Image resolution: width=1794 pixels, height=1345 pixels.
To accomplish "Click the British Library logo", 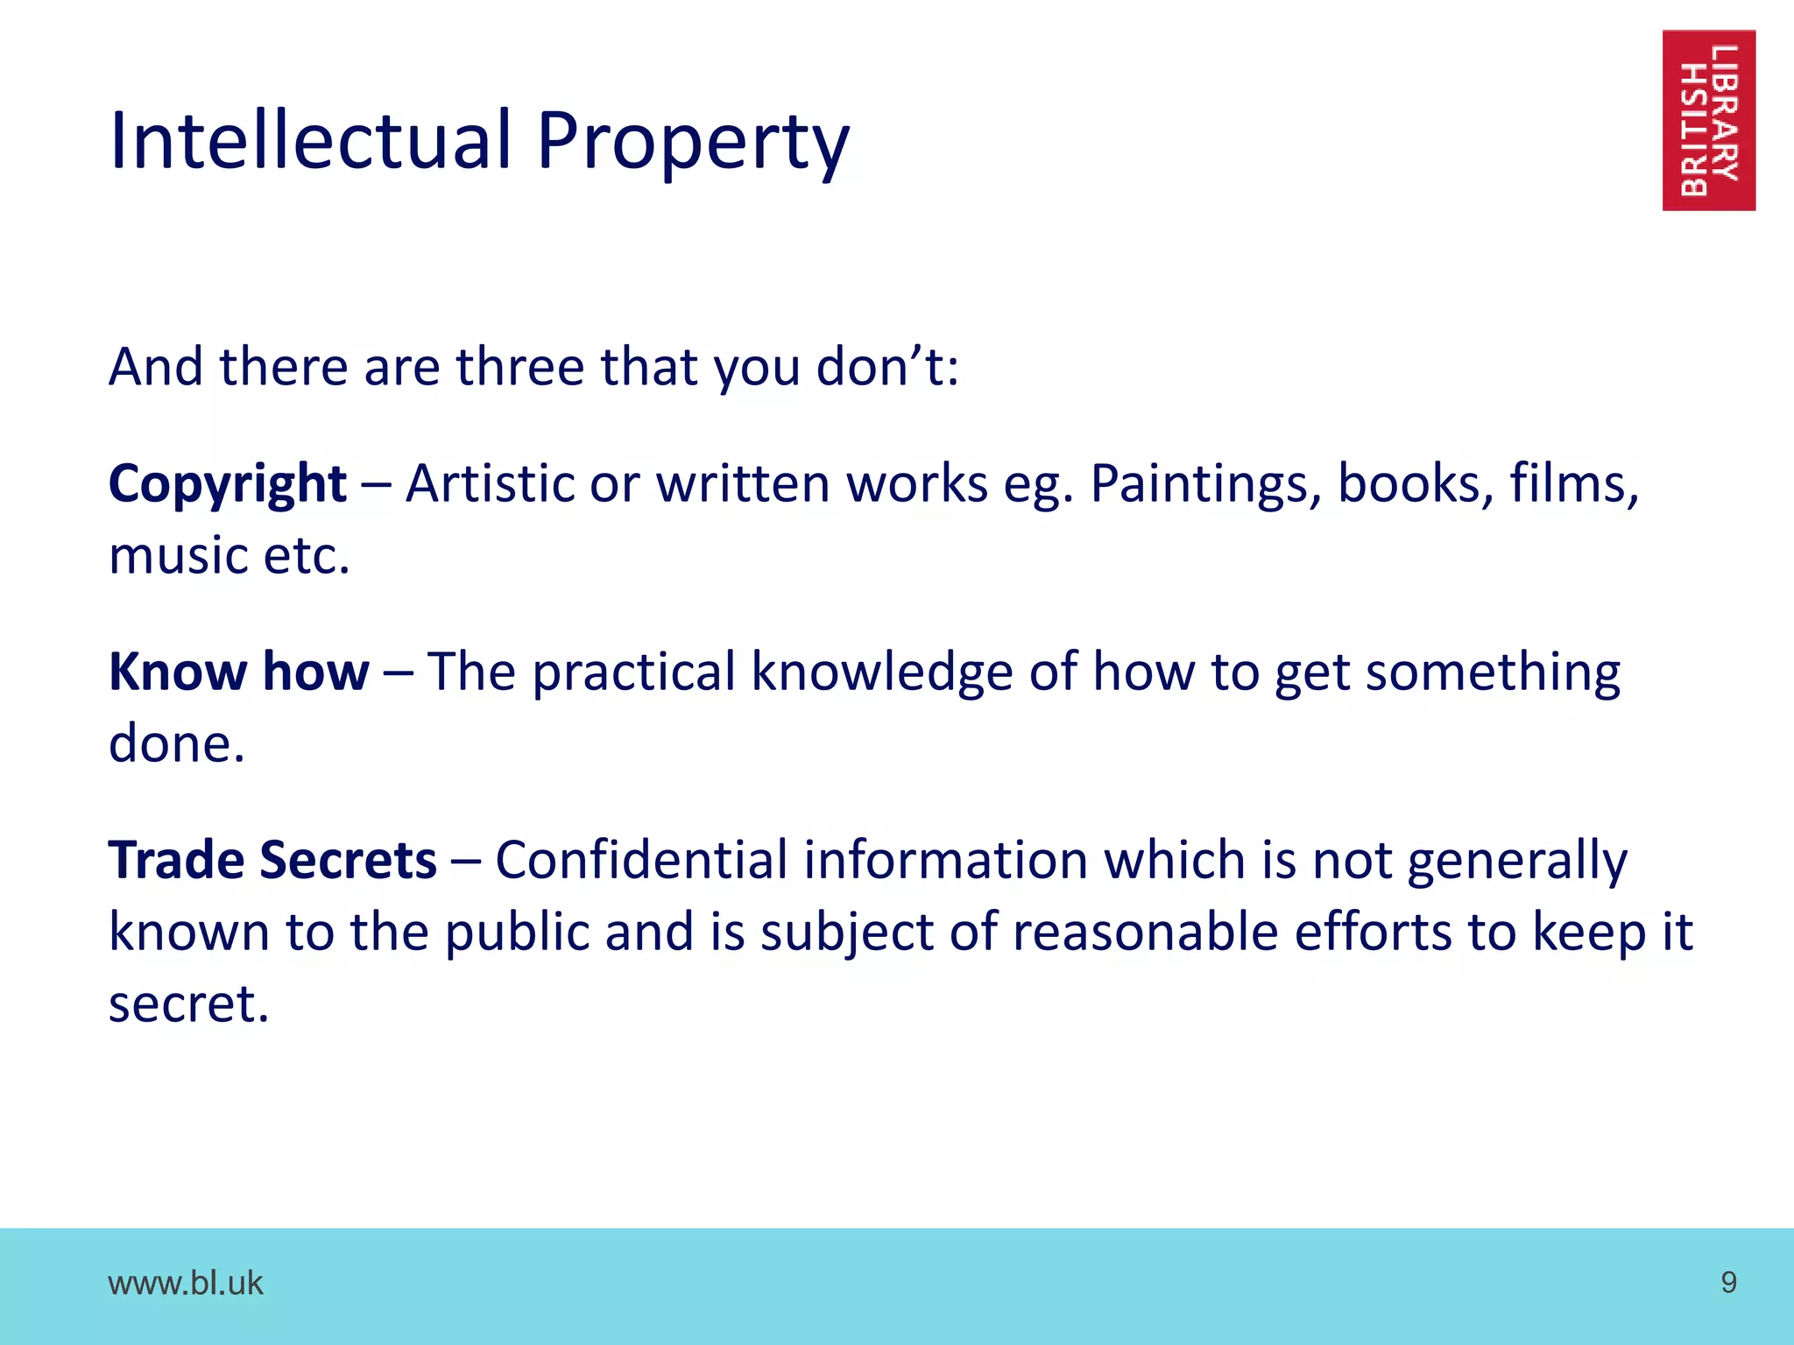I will point(1708,120).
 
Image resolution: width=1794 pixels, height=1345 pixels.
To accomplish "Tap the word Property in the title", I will point(692,143).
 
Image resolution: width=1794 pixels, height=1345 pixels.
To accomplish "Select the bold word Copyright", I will point(228,484).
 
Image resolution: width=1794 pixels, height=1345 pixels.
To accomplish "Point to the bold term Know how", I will point(238,672).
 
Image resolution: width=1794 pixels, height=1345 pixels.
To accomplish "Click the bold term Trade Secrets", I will point(272,860).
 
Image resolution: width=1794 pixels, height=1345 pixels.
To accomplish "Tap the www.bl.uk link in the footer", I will point(185,1283).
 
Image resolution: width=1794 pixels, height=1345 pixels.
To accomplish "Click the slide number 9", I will point(1728,1283).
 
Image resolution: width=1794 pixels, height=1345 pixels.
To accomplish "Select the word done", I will point(176,744).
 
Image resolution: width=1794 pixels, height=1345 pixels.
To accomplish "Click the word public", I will point(516,932).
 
